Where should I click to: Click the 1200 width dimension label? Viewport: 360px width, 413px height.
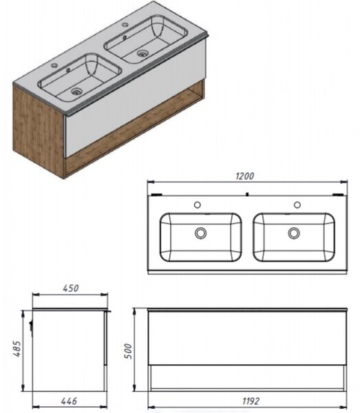(x=244, y=176)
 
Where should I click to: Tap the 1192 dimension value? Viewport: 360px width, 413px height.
(x=251, y=401)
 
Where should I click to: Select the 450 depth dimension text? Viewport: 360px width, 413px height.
(x=71, y=288)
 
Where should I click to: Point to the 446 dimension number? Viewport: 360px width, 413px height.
(x=69, y=401)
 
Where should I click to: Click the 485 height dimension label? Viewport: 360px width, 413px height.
(x=17, y=349)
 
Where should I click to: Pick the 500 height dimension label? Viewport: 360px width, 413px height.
(x=128, y=351)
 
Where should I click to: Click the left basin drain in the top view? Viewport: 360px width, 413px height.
(x=201, y=233)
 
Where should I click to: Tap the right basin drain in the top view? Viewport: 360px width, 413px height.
(x=294, y=233)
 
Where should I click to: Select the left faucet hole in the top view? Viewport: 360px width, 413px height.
(x=198, y=204)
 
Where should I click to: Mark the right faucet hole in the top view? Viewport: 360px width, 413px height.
(x=297, y=204)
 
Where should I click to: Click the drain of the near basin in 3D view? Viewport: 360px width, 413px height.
(x=76, y=92)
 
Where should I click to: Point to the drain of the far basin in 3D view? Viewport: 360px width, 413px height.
(x=142, y=53)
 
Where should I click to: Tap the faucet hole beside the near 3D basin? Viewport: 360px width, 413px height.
(x=54, y=65)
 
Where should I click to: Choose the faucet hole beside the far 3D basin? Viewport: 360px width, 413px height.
(x=125, y=25)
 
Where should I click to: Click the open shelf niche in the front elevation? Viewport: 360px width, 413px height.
(x=247, y=377)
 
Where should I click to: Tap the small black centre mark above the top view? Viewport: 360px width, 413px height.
(x=247, y=194)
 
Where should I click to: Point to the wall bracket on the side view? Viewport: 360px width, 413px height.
(x=31, y=326)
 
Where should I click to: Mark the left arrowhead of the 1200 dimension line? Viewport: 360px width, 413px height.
(x=150, y=182)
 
